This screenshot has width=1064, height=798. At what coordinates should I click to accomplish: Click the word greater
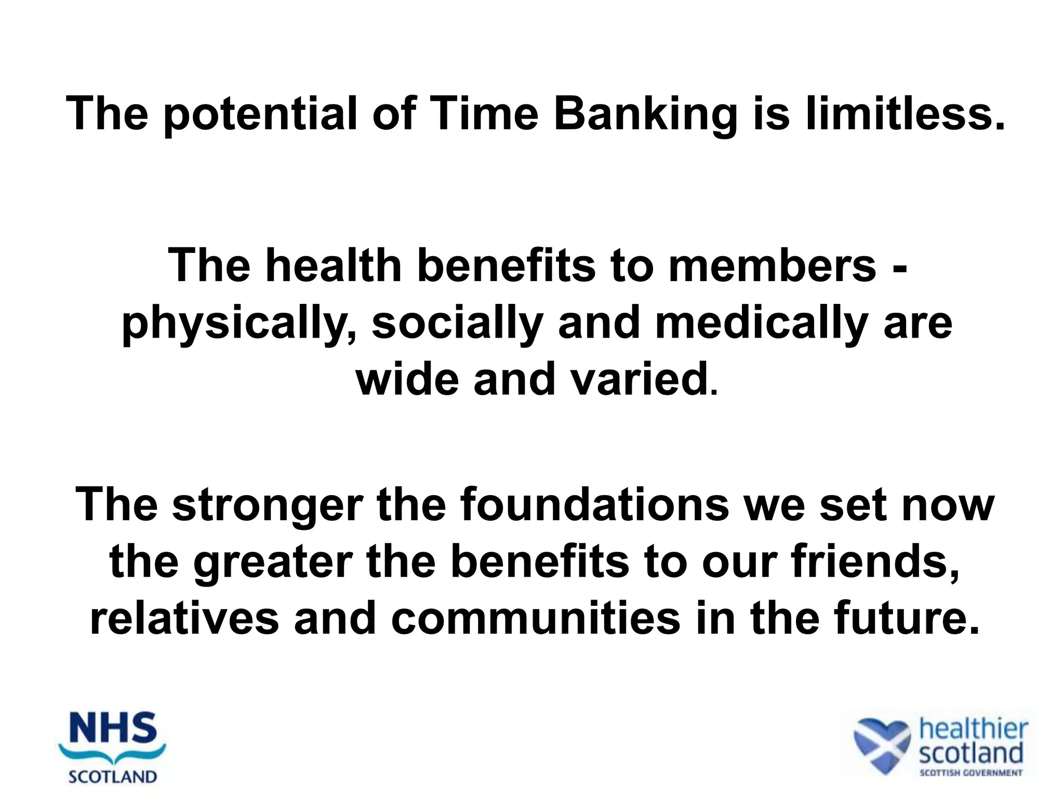click(x=272, y=563)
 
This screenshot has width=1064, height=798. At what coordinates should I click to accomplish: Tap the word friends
click(x=875, y=562)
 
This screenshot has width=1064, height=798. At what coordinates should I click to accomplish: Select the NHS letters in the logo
click(x=113, y=728)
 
